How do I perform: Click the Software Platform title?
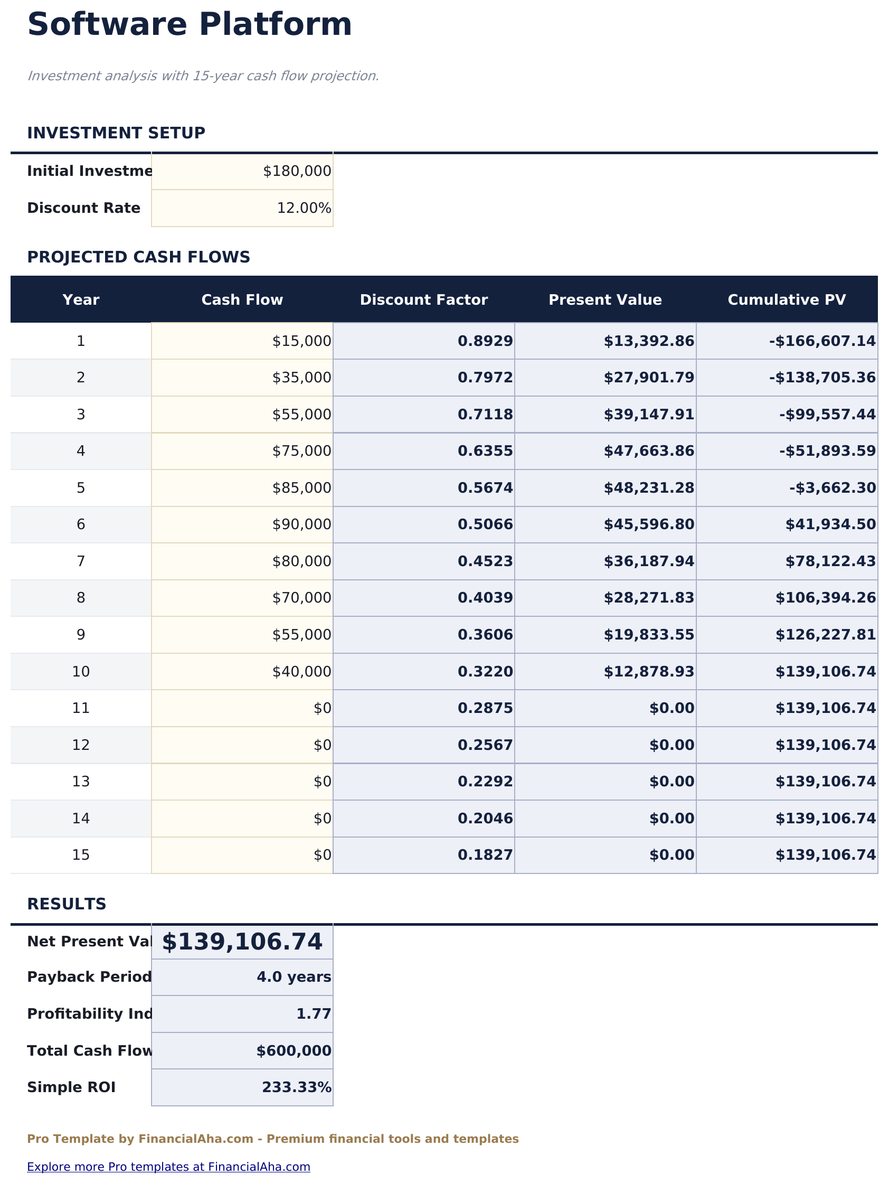tap(190, 25)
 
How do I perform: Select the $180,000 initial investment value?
tap(297, 171)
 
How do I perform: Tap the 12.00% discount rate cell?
tap(304, 208)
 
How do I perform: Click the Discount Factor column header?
tap(423, 300)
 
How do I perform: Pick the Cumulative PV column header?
tap(786, 300)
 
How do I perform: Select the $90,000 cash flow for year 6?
tap(301, 524)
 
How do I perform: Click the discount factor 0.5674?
tap(485, 487)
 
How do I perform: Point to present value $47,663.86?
tap(649, 451)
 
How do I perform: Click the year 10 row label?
tap(81, 671)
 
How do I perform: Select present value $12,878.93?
tap(649, 671)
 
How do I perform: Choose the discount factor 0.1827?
tap(485, 855)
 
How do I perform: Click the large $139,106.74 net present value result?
tap(242, 942)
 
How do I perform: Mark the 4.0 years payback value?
tap(294, 978)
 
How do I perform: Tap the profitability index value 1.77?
tap(314, 1014)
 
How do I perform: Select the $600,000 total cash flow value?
tap(294, 1051)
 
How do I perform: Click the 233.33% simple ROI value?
tap(297, 1088)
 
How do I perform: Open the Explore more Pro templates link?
tap(168, 1167)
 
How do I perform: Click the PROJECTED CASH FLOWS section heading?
tap(139, 258)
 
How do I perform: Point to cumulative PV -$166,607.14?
tap(822, 341)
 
